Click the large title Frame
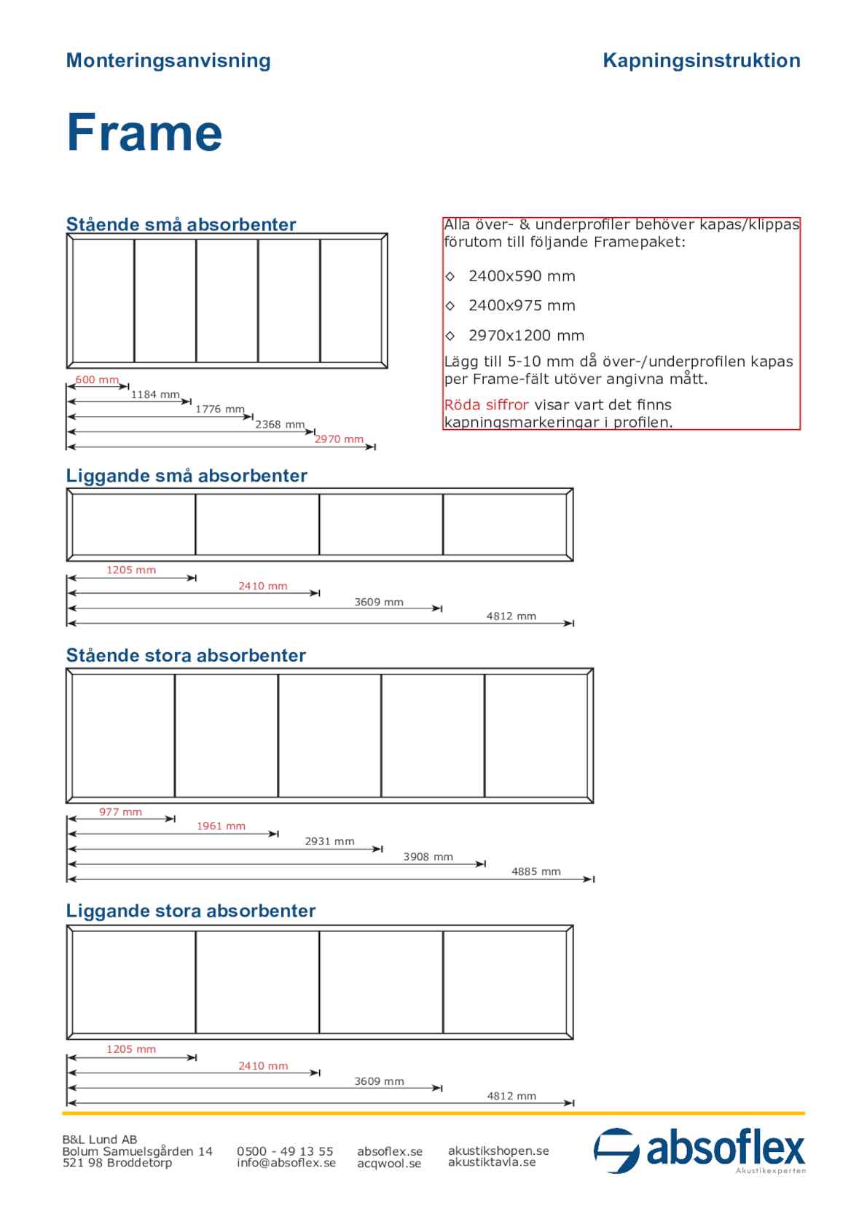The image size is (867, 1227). (144, 133)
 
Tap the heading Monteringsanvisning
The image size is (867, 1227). (168, 60)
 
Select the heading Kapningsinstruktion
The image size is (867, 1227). (701, 60)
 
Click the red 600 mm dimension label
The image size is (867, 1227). (97, 380)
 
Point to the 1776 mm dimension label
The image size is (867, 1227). (219, 409)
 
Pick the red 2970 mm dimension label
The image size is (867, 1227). (339, 439)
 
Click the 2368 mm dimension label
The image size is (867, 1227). (280, 425)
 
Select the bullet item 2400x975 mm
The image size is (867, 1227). (521, 306)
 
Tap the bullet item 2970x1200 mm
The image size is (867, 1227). (525, 336)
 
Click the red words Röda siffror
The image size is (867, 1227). (486, 405)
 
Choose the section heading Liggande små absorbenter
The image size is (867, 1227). (187, 476)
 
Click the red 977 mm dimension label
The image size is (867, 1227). (121, 812)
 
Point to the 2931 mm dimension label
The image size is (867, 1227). (329, 842)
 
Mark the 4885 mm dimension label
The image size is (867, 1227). (536, 871)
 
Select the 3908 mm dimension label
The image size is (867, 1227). (428, 857)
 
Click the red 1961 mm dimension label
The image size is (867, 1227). (221, 826)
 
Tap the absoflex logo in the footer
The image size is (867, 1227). (699, 1150)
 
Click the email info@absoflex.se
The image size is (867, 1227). (286, 1163)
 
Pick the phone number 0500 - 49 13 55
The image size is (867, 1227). (285, 1151)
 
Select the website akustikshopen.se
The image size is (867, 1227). (498, 1150)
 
